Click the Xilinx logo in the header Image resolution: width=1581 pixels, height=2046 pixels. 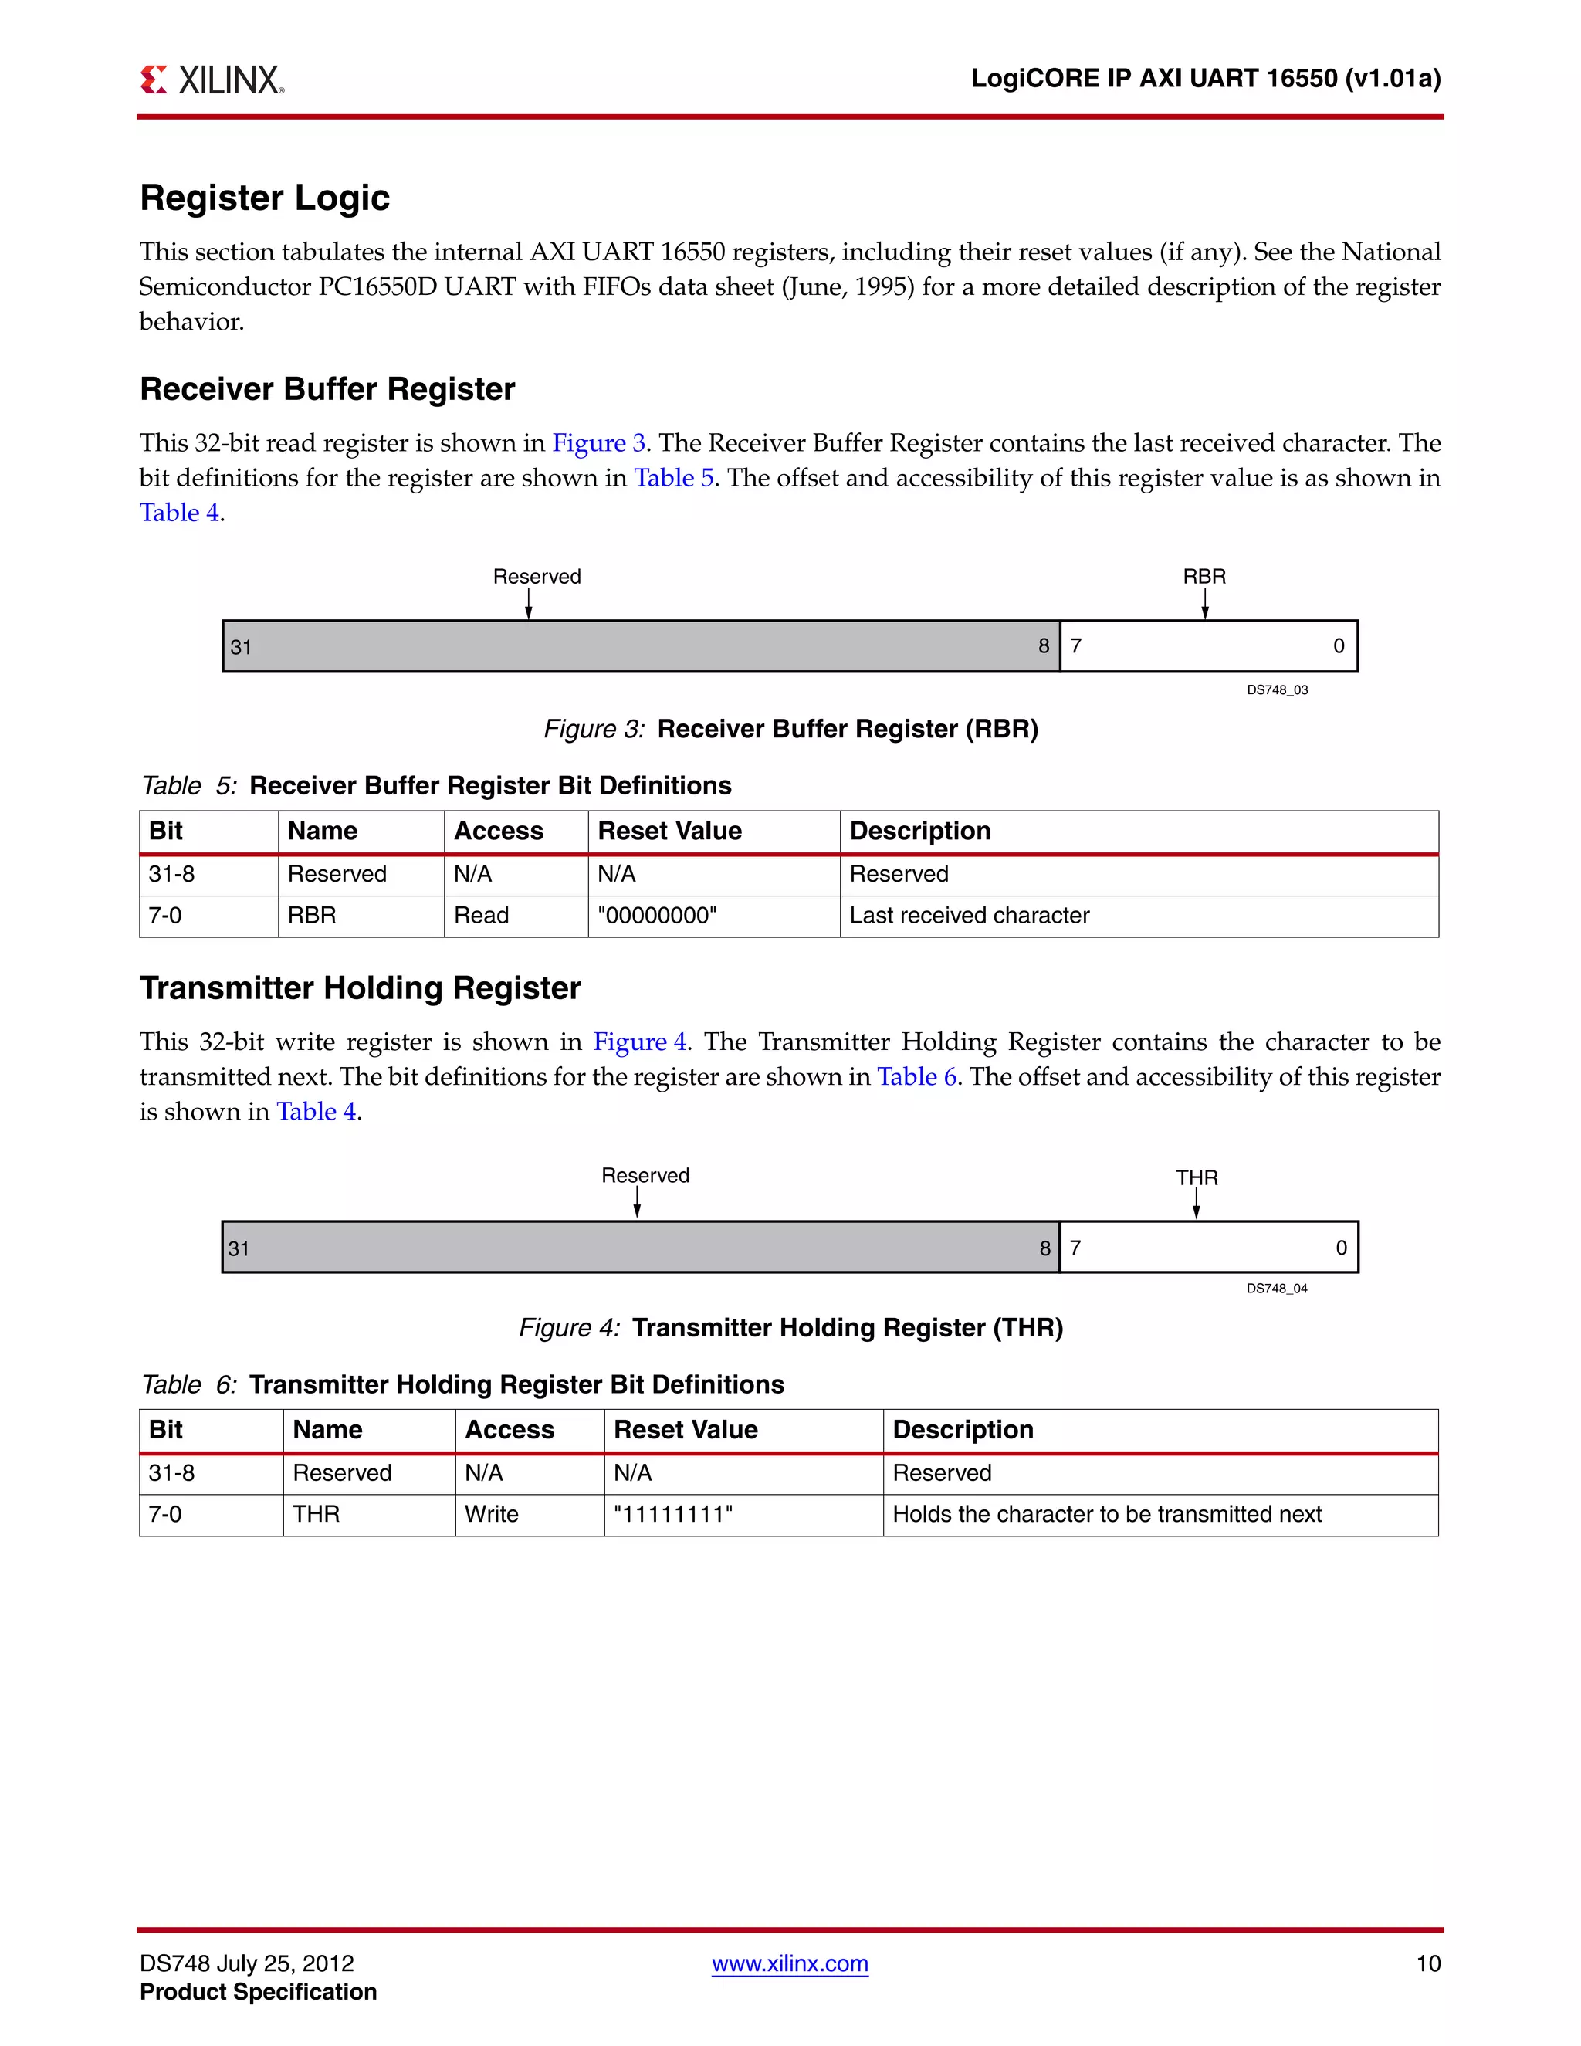click(x=212, y=80)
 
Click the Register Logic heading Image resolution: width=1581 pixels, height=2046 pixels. click(x=264, y=198)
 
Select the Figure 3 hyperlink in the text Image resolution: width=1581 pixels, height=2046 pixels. click(x=598, y=443)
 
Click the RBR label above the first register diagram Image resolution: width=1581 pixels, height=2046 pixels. click(x=1204, y=576)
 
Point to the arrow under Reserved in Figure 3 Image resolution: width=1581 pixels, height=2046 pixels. click(x=528, y=605)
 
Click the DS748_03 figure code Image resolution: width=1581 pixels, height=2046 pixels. click(x=1277, y=690)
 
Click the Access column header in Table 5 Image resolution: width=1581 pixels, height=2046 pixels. click(x=498, y=832)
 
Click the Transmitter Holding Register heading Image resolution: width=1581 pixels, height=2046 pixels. click(x=360, y=988)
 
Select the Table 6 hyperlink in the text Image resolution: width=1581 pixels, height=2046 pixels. click(x=916, y=1077)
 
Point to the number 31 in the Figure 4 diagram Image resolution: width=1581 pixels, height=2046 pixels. click(x=239, y=1248)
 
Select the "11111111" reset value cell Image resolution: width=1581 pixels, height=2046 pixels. click(x=672, y=1515)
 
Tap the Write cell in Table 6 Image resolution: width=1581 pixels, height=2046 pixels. click(x=491, y=1515)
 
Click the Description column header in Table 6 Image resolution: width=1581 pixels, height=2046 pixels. click(x=962, y=1431)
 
